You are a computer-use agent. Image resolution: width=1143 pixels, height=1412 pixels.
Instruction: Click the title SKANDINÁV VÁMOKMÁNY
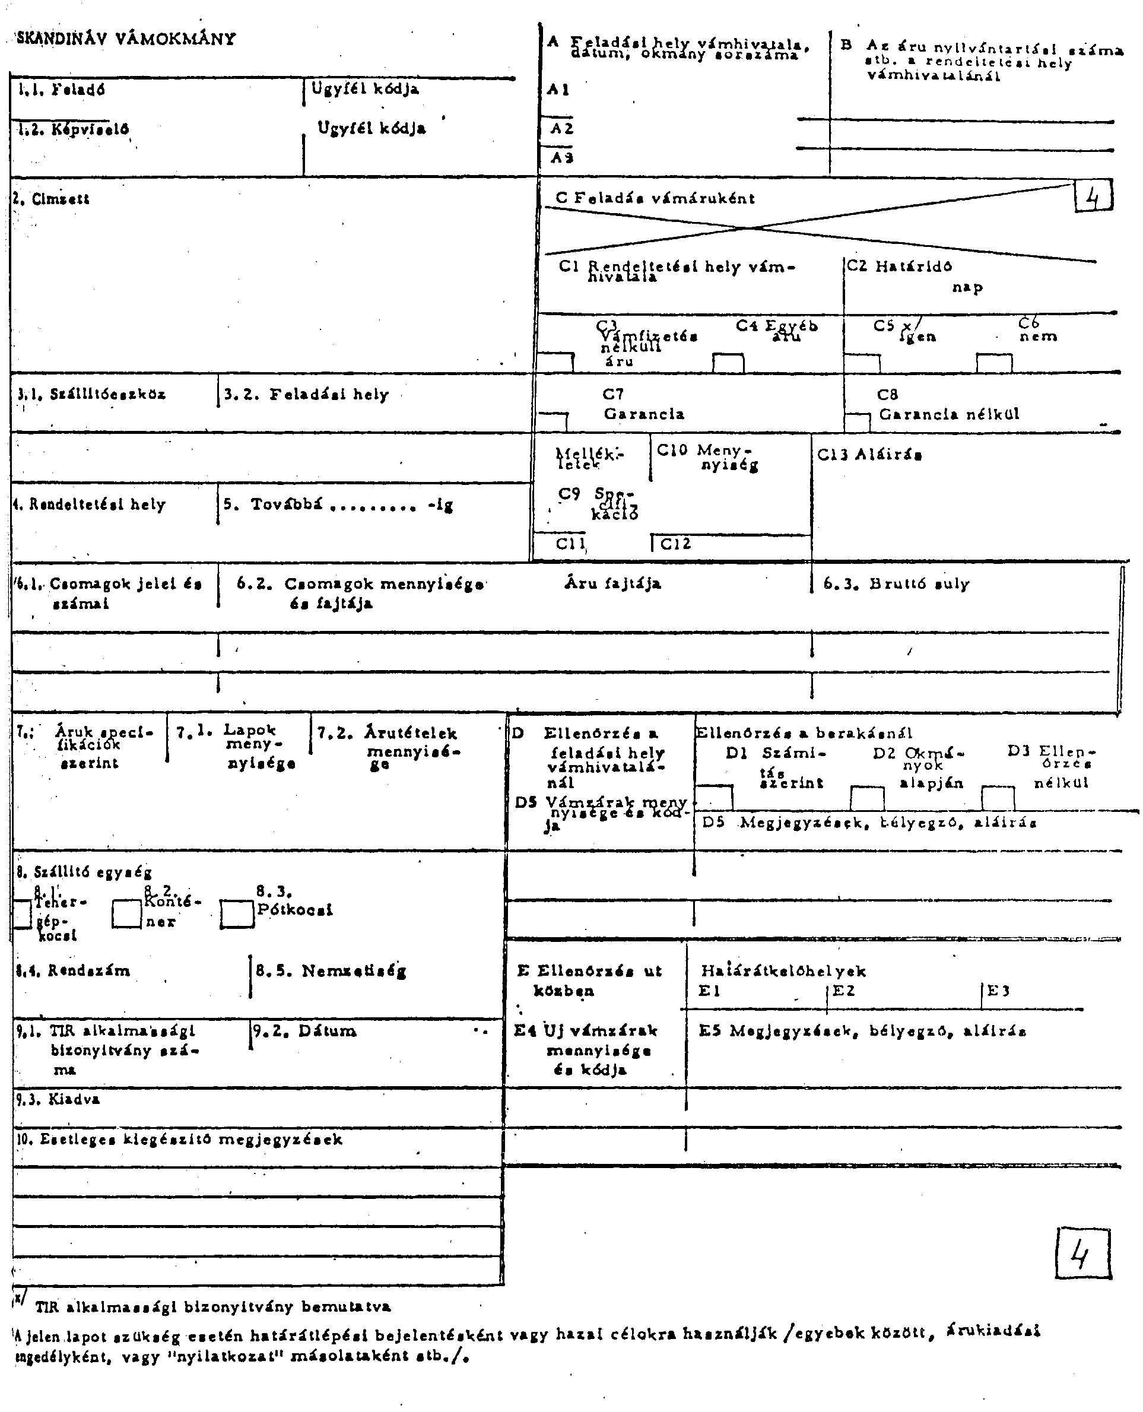pyautogui.click(x=126, y=38)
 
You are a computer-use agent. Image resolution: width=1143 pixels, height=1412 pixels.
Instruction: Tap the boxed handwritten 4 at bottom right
pyautogui.click(x=1082, y=1254)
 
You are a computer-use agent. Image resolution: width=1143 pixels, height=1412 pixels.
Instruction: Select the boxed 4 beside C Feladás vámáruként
pyautogui.click(x=1094, y=196)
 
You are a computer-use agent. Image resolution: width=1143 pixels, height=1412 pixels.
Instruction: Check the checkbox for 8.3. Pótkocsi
pyautogui.click(x=237, y=914)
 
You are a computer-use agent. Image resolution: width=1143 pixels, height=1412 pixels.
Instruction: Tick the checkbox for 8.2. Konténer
pyautogui.click(x=126, y=914)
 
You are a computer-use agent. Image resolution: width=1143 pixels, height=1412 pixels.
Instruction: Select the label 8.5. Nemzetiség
pyautogui.click(x=331, y=971)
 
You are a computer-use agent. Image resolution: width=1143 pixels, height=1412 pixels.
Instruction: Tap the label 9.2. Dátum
pyautogui.click(x=305, y=1031)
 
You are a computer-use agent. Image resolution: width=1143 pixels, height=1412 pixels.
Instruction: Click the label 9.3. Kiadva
pyautogui.click(x=58, y=1099)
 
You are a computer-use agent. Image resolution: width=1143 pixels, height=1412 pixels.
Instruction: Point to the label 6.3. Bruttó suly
pyautogui.click(x=897, y=583)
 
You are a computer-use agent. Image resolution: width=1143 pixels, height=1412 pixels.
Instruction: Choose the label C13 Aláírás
pyautogui.click(x=869, y=455)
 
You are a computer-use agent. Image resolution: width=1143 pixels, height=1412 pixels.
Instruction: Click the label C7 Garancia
pyautogui.click(x=643, y=404)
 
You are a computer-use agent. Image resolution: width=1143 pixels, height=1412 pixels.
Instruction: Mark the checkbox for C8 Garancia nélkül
pyautogui.click(x=857, y=423)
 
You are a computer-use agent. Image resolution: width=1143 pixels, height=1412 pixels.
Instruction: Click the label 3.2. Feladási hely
pyautogui.click(x=307, y=395)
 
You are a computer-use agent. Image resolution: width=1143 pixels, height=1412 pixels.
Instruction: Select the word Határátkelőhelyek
pyautogui.click(x=783, y=971)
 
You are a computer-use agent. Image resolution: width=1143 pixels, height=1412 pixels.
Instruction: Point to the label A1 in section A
pyautogui.click(x=558, y=90)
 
